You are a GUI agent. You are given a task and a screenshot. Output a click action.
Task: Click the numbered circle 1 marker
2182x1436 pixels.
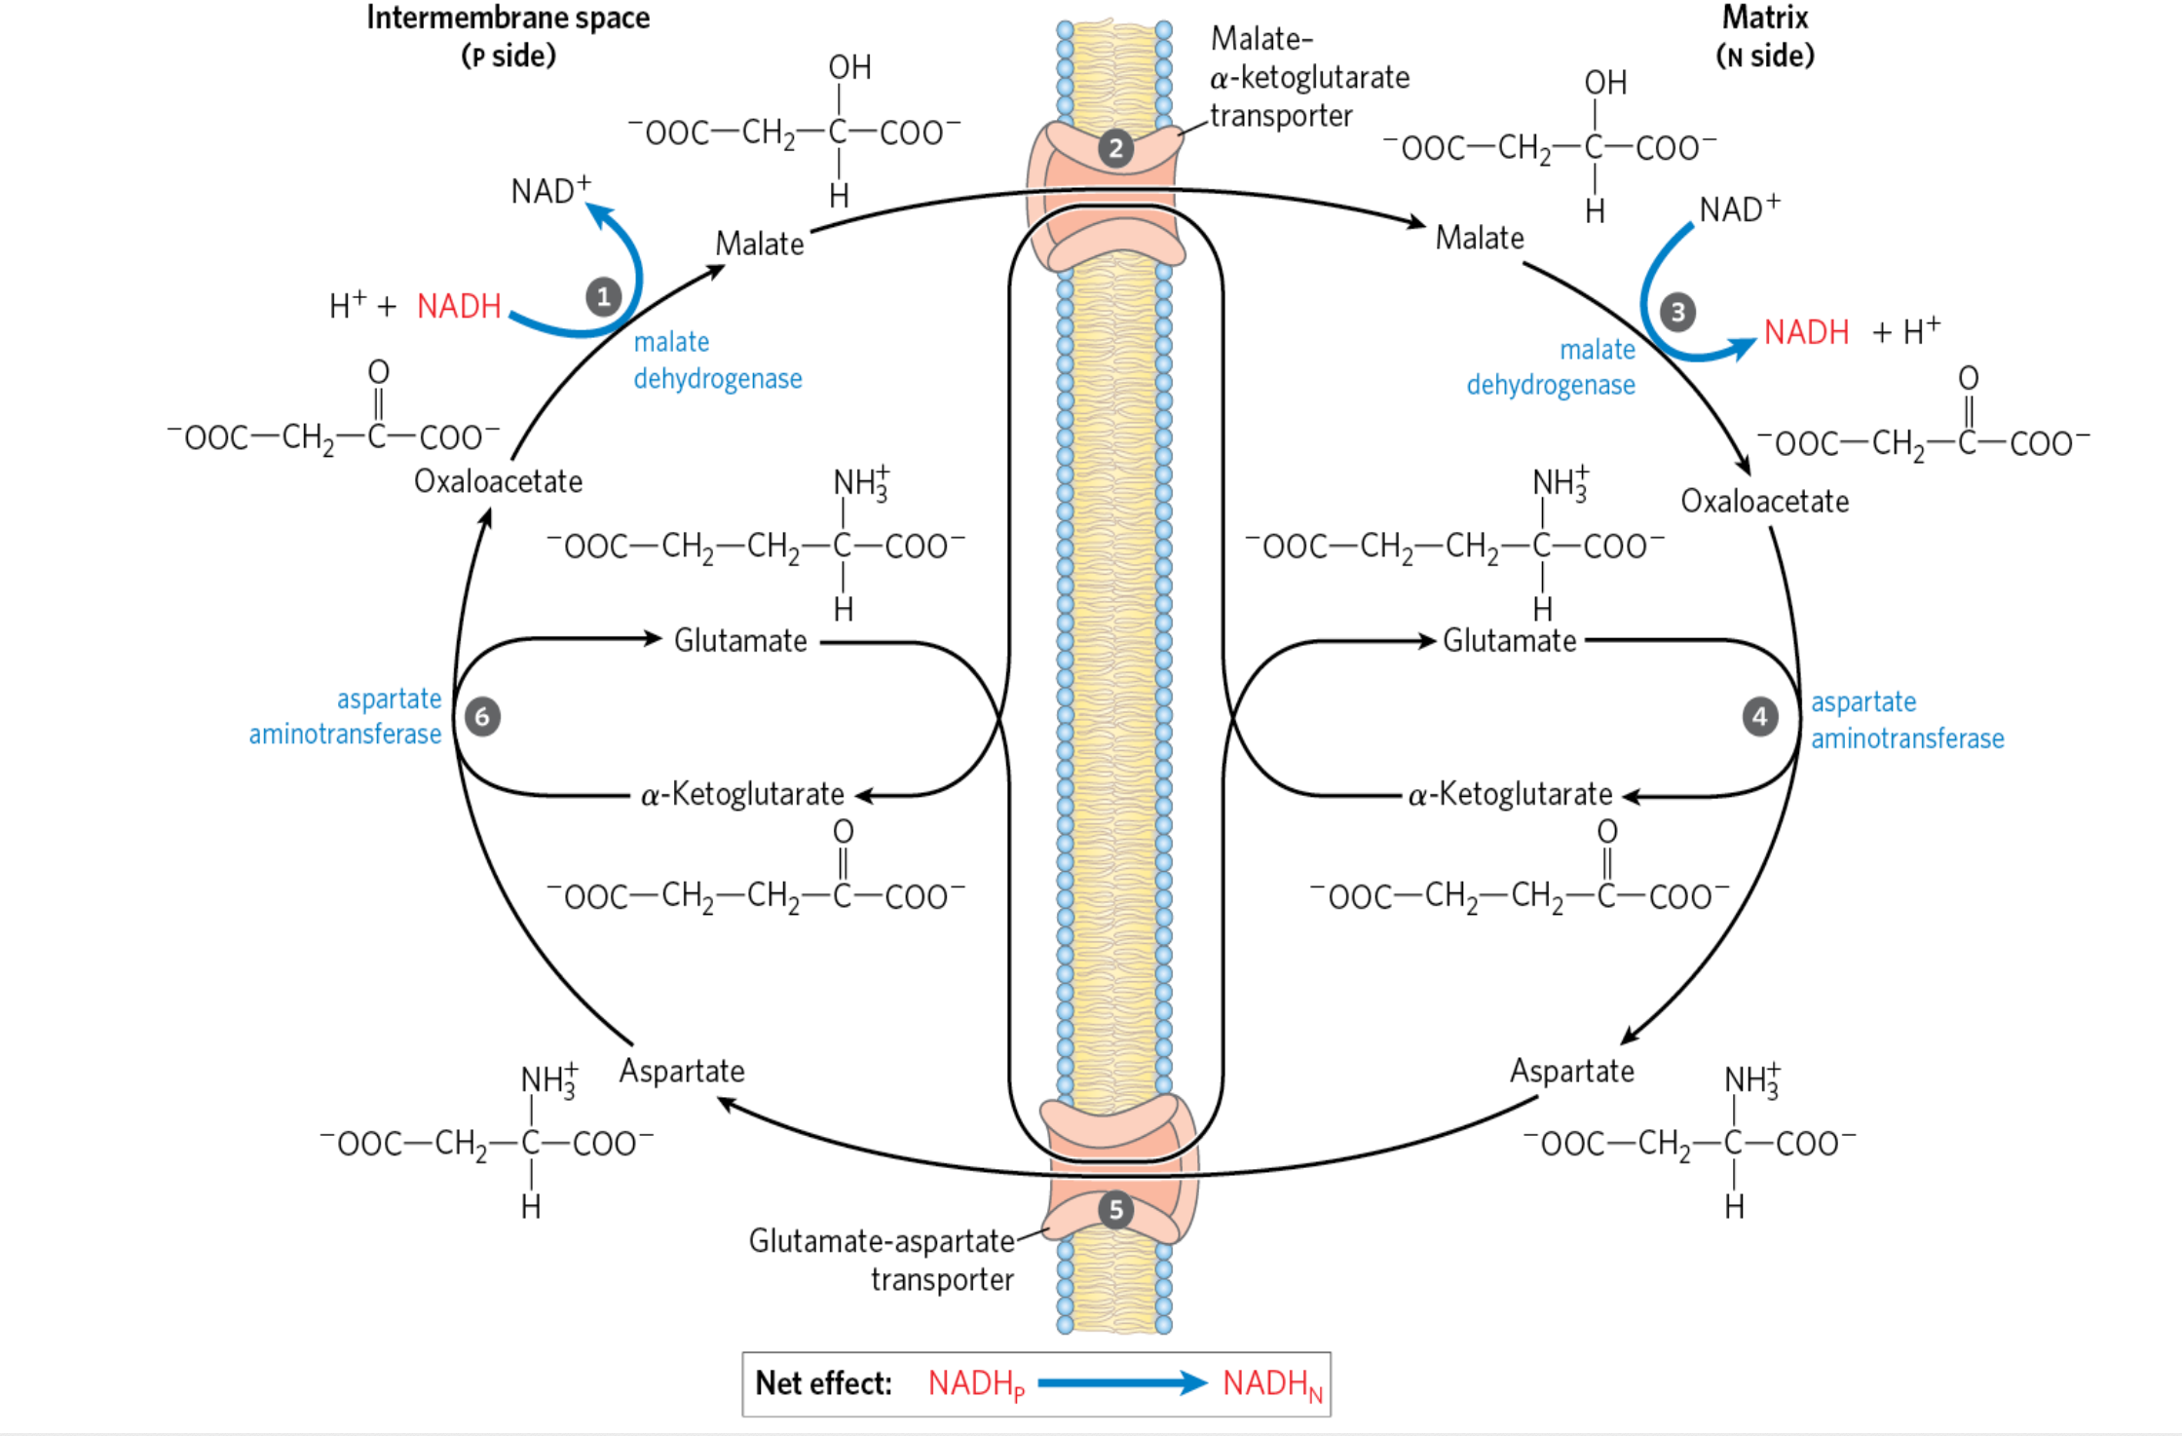tap(603, 296)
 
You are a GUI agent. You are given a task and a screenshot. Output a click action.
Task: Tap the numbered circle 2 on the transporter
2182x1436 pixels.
tap(1115, 149)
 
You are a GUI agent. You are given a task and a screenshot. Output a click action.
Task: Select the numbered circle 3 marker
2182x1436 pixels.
tap(1677, 312)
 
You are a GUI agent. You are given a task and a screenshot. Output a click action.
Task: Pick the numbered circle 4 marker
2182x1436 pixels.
tap(1759, 717)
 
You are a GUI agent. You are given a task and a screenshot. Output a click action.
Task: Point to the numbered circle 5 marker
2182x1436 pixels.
tap(1115, 1210)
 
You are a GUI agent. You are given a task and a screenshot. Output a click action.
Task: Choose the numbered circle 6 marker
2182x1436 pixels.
tap(482, 717)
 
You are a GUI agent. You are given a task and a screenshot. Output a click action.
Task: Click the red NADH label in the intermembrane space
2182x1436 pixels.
tap(459, 306)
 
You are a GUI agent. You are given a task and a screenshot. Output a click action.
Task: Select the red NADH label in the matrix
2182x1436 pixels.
tap(1806, 332)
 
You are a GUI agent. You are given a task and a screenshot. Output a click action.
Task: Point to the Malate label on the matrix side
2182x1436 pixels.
tap(1479, 238)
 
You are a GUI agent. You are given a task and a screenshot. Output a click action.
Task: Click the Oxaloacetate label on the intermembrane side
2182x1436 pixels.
tap(498, 481)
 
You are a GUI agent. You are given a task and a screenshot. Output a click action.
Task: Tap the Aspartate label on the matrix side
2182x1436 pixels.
tap(1571, 1071)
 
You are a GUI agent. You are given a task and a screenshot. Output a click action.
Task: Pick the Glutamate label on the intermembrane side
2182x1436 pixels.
tap(740, 641)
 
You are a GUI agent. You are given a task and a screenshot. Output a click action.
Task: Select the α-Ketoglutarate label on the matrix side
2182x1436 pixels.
tap(1510, 795)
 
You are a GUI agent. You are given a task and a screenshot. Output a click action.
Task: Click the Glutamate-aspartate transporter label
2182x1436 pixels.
tap(882, 1259)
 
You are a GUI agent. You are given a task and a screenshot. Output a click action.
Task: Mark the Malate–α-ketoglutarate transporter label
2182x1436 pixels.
tap(1308, 77)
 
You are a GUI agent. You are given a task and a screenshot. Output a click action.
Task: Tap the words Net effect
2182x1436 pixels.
tap(823, 1383)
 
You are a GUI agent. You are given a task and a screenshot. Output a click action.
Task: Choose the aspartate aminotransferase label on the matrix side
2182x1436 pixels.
tap(1906, 720)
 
